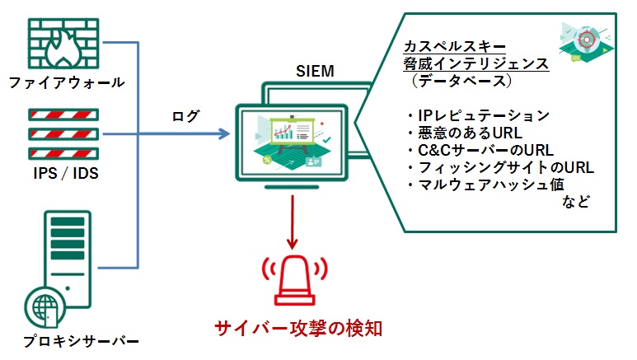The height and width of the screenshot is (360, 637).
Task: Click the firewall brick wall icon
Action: (x=63, y=44)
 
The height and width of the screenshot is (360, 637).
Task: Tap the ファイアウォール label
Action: (x=67, y=82)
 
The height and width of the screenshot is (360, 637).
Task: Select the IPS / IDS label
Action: (x=66, y=174)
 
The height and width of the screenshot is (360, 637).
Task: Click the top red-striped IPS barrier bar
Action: (x=63, y=115)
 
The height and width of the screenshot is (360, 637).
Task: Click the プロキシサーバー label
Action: (x=81, y=340)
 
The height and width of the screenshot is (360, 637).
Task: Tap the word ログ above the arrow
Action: (x=185, y=116)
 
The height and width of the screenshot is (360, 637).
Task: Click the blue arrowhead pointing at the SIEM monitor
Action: (x=224, y=133)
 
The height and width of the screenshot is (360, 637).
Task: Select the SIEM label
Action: (x=315, y=71)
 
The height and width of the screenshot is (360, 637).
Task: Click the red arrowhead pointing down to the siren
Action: (x=292, y=244)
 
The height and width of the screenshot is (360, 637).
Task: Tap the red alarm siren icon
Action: (x=295, y=280)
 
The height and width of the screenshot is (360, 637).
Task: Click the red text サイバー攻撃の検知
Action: (x=298, y=329)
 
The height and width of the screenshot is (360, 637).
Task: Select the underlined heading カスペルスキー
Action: (x=455, y=46)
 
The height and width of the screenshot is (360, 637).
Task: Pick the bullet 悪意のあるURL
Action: (x=465, y=133)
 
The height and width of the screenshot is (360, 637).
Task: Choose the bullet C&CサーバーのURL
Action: (x=480, y=150)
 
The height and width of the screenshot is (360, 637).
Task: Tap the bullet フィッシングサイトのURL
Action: (x=500, y=167)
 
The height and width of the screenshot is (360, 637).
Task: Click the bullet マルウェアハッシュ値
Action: (x=486, y=185)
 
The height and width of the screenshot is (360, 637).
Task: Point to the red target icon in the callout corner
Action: (x=586, y=40)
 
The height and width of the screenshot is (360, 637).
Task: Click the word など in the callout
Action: (x=576, y=202)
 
